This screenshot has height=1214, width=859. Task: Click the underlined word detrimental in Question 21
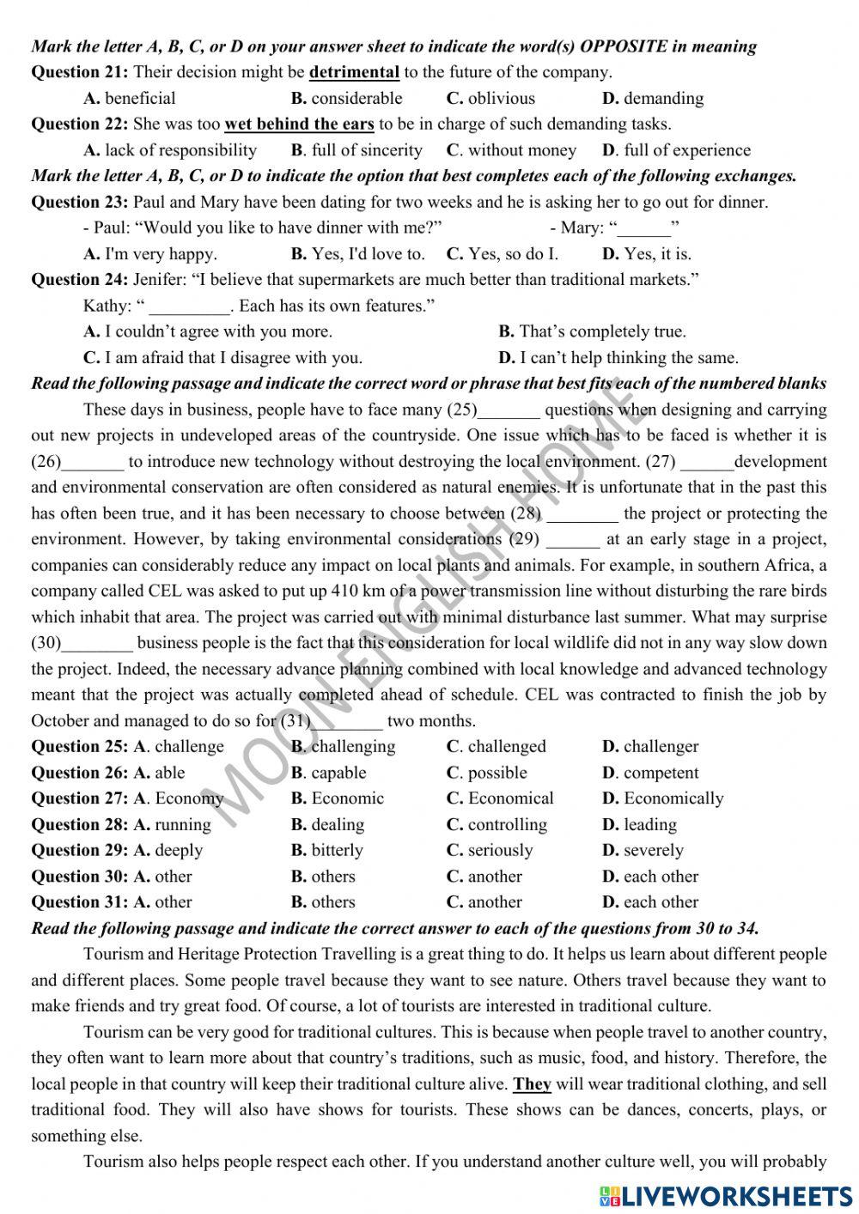(x=354, y=72)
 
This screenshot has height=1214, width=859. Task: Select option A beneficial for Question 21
(x=130, y=98)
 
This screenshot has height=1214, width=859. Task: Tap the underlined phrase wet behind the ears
(x=299, y=124)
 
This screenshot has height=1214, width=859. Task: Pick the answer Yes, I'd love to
(x=358, y=253)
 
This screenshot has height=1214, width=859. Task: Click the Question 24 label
(x=79, y=279)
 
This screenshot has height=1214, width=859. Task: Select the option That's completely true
(x=592, y=331)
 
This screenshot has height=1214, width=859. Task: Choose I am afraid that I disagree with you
(x=222, y=357)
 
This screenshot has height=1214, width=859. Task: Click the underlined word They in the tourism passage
(x=533, y=1083)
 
